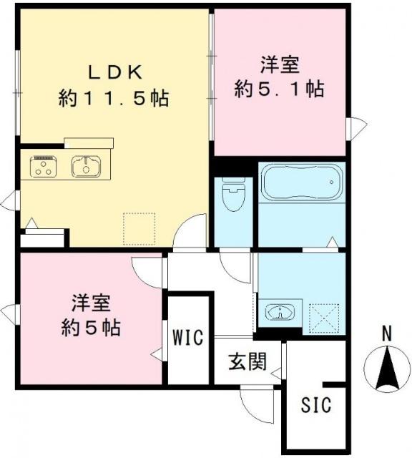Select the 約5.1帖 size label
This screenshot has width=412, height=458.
pos(280,89)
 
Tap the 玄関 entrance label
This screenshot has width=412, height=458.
pos(247,361)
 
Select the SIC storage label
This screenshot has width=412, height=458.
pos(315,406)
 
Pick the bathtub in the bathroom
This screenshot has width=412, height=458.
pos(301,184)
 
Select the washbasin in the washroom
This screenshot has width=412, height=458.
pos(280,312)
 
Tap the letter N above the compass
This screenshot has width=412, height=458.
pos(386,333)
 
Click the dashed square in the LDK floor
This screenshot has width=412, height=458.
pos(139,228)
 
